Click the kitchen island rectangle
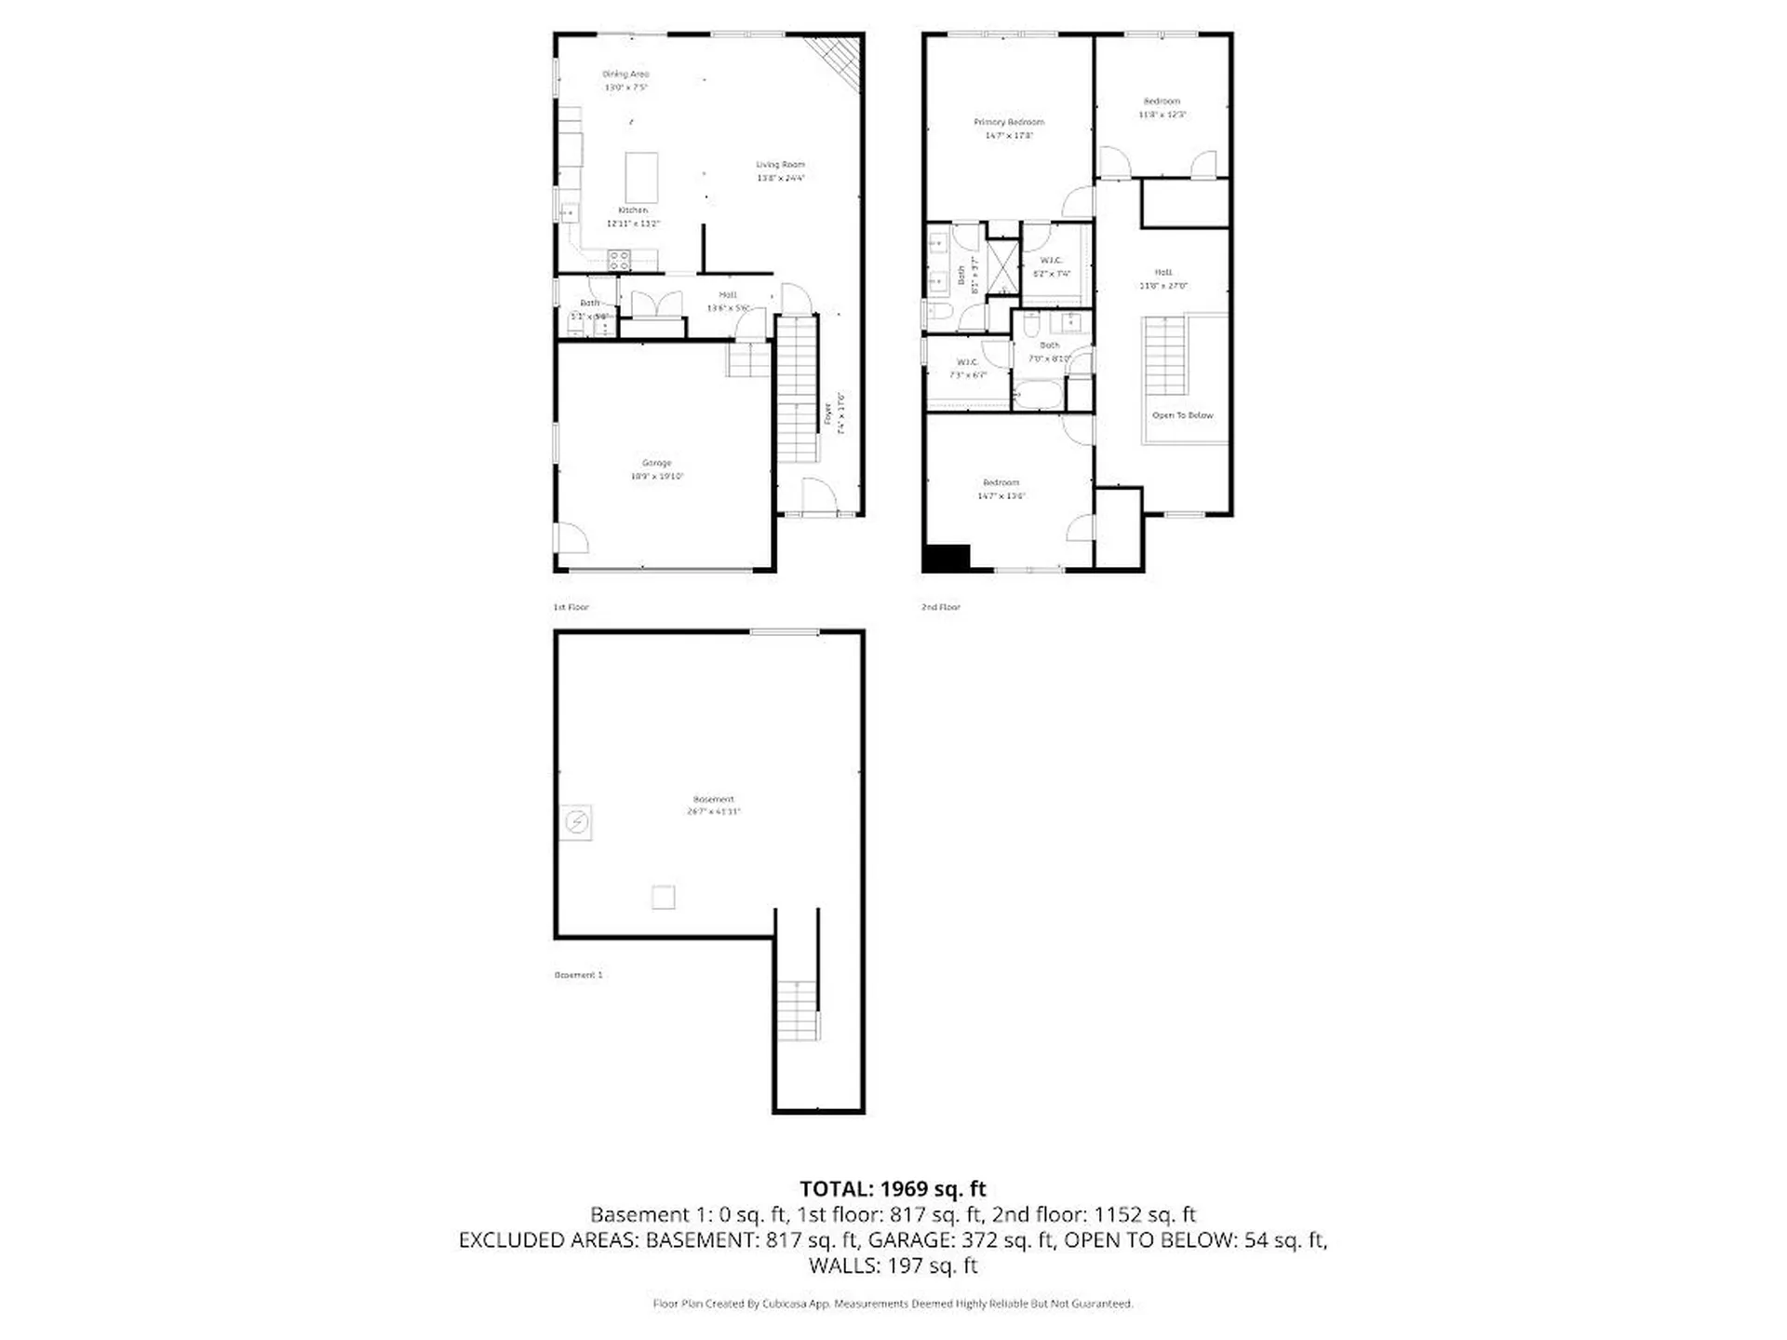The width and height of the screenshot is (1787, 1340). (641, 177)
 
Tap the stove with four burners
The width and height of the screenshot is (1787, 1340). (619, 260)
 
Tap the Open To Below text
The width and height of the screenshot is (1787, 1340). (1182, 415)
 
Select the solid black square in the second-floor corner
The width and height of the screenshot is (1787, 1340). (947, 558)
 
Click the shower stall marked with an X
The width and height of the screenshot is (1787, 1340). (1002, 266)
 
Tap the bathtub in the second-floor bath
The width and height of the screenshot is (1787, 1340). (1038, 395)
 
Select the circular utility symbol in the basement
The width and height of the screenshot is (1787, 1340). (577, 822)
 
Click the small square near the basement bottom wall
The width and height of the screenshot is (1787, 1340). (663, 897)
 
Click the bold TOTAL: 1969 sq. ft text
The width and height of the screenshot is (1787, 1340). (893, 1189)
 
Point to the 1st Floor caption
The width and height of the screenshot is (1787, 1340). (571, 607)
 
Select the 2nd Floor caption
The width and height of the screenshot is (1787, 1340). (940, 607)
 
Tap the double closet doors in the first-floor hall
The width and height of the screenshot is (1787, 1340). (655, 305)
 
